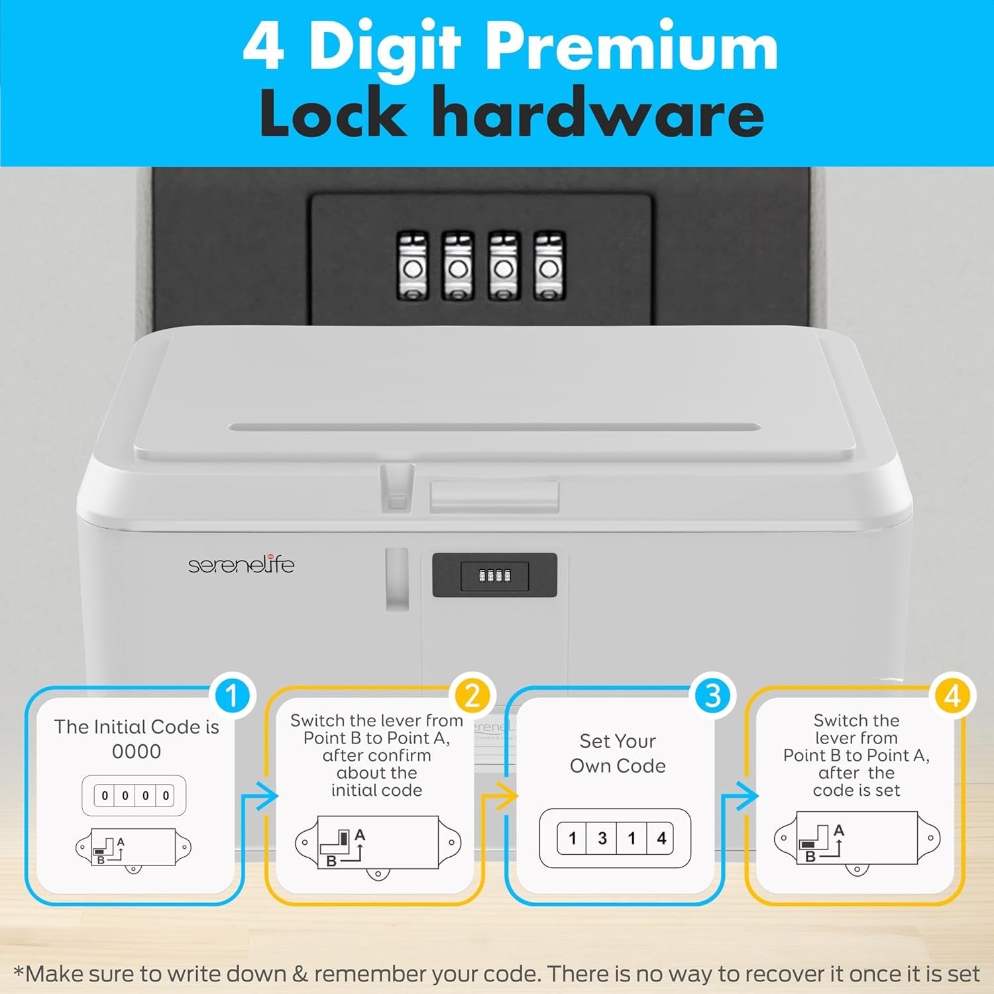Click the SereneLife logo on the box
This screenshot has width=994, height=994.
pos(241,565)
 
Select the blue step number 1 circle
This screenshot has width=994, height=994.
pos(232,696)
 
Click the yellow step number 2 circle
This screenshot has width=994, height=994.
pos(472,696)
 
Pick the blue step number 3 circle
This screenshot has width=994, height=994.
pos(712,696)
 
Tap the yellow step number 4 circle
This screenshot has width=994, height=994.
pos(952,696)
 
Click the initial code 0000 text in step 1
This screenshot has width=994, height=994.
pos(137,751)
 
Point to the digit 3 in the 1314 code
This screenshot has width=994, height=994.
pos(602,838)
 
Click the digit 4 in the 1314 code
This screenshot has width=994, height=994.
pos(661,838)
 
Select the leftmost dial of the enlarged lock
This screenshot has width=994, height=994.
pos(412,266)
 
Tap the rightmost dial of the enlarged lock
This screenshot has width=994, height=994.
pos(549,266)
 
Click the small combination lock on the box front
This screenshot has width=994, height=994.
pos(495,575)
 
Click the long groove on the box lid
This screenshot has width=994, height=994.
pos(495,427)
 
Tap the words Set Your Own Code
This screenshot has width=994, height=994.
pos(618,753)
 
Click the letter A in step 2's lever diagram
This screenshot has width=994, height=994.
pos(360,834)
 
